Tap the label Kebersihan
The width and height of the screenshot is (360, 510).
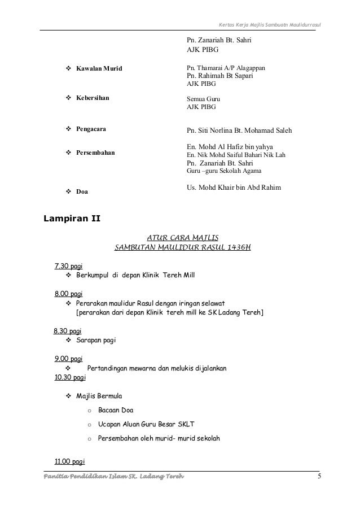[93, 98]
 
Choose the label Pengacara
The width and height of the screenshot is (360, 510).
[91, 129]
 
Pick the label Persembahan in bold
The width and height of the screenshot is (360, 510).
[95, 152]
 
